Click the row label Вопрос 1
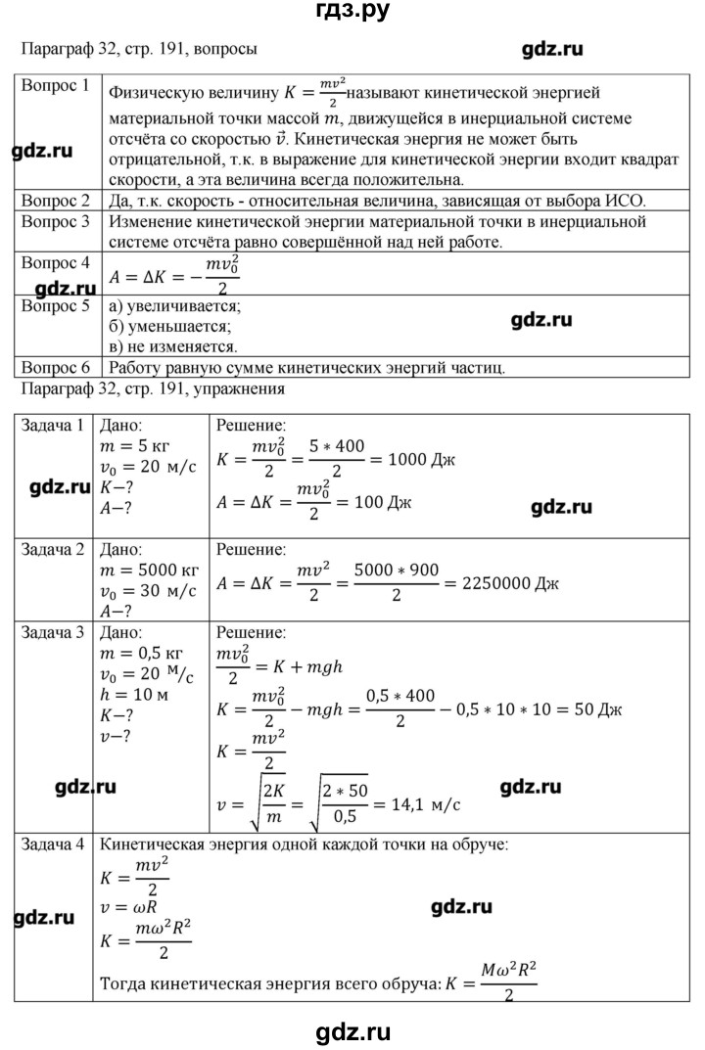pos(55,85)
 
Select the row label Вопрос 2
pos(55,201)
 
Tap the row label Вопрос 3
pos(55,222)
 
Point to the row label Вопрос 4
pos(55,262)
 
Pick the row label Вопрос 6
pos(55,368)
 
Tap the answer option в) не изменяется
pos(172,346)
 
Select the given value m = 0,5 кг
pos(144,653)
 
